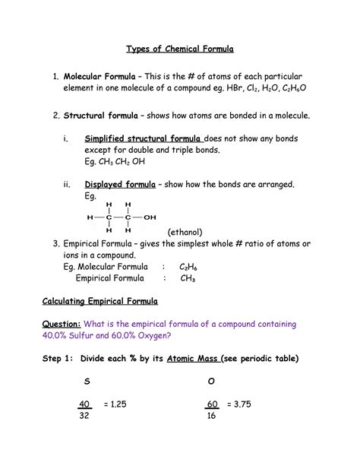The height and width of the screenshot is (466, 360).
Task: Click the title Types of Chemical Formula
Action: point(179,49)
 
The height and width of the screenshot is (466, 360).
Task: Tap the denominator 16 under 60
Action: point(210,417)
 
